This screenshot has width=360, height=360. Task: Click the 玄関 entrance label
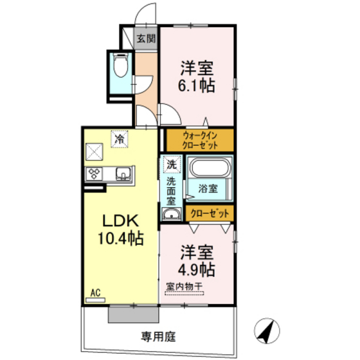(x=146, y=38)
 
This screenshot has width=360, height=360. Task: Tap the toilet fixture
(x=120, y=66)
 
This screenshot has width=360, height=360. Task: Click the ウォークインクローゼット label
(x=200, y=140)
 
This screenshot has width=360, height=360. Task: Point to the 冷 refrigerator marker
(x=120, y=138)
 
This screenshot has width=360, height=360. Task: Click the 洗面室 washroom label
(x=172, y=191)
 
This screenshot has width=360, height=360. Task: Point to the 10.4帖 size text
(x=120, y=239)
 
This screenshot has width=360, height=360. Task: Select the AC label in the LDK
(x=95, y=293)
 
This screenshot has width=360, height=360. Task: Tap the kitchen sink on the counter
(x=122, y=172)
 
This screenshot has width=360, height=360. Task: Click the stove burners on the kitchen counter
(x=95, y=172)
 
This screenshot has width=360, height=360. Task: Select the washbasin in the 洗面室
(x=172, y=213)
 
